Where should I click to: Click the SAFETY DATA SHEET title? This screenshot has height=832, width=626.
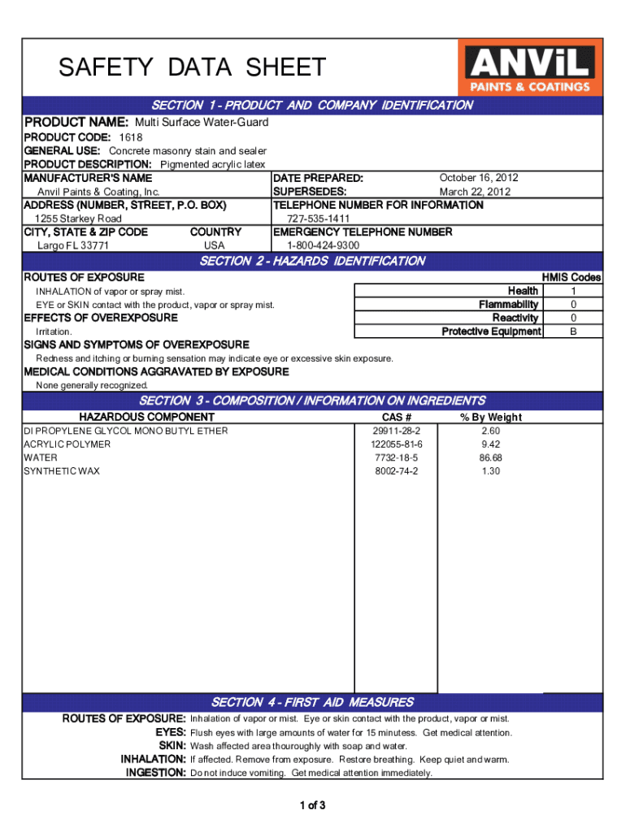pyautogui.click(x=192, y=67)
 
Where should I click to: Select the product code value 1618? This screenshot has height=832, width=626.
pyautogui.click(x=131, y=137)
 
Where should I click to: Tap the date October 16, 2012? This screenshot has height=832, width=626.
pyautogui.click(x=479, y=178)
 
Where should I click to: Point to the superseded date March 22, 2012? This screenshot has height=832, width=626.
pyautogui.click(x=475, y=192)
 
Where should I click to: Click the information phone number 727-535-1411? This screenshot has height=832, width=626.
pyautogui.click(x=319, y=219)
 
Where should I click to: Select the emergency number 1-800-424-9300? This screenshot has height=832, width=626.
pyautogui.click(x=323, y=245)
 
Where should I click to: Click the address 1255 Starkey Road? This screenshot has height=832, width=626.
pyautogui.click(x=78, y=219)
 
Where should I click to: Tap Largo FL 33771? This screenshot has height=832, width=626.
pyautogui.click(x=73, y=245)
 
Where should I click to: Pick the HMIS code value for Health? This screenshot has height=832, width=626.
pyautogui.click(x=573, y=291)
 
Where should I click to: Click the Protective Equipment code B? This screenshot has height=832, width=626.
pyautogui.click(x=573, y=331)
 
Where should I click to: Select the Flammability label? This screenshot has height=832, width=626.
pyautogui.click(x=509, y=305)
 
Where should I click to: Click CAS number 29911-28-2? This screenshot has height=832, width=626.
pyautogui.click(x=396, y=431)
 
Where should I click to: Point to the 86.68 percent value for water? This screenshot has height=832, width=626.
pyautogui.click(x=491, y=458)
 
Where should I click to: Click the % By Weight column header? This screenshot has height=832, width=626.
pyautogui.click(x=491, y=417)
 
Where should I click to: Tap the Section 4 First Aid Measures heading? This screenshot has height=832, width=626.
pyautogui.click(x=312, y=702)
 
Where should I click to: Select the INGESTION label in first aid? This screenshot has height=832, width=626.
pyautogui.click(x=156, y=773)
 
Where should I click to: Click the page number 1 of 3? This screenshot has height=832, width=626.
pyautogui.click(x=312, y=806)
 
